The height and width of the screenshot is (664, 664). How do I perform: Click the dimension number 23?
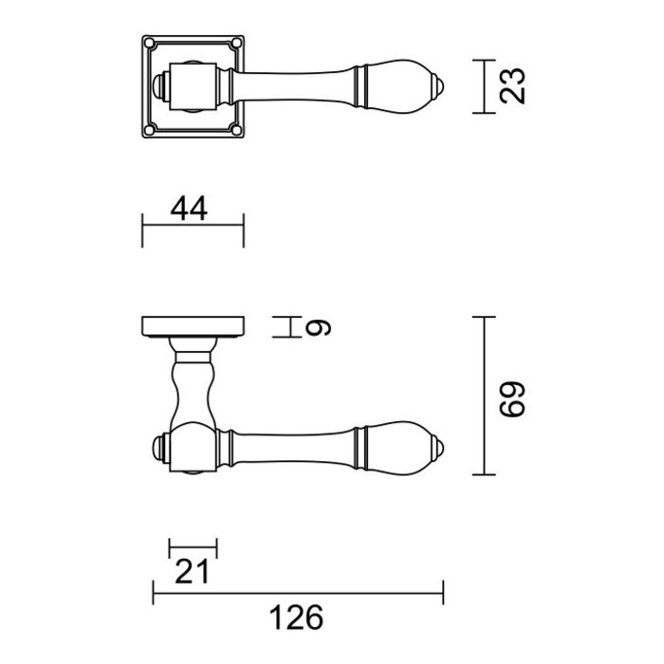pos(513,86)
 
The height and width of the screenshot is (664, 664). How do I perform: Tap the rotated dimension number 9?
pos(321,327)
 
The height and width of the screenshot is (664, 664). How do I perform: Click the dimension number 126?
pos(297,618)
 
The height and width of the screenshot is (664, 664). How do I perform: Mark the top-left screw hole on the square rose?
pos(150,43)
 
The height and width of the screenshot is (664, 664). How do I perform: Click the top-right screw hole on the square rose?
pos(236,43)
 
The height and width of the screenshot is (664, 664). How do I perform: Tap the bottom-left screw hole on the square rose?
pos(150,129)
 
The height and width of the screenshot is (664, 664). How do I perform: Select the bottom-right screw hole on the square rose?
pos(236,129)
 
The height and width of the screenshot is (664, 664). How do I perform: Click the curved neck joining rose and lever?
pos(193,389)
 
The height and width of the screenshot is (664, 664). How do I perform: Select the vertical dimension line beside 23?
pos(485,86)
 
